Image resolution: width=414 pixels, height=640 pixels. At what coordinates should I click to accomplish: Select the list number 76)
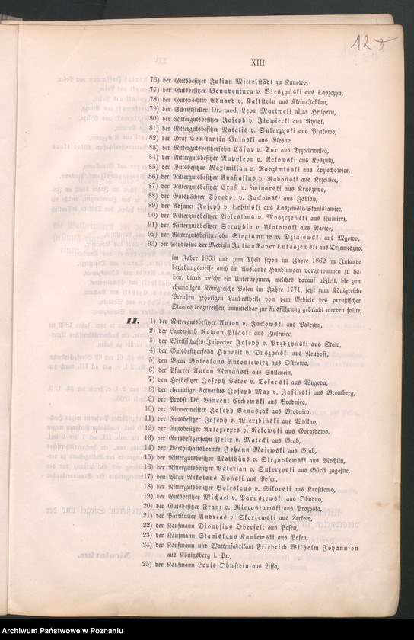(154, 79)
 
